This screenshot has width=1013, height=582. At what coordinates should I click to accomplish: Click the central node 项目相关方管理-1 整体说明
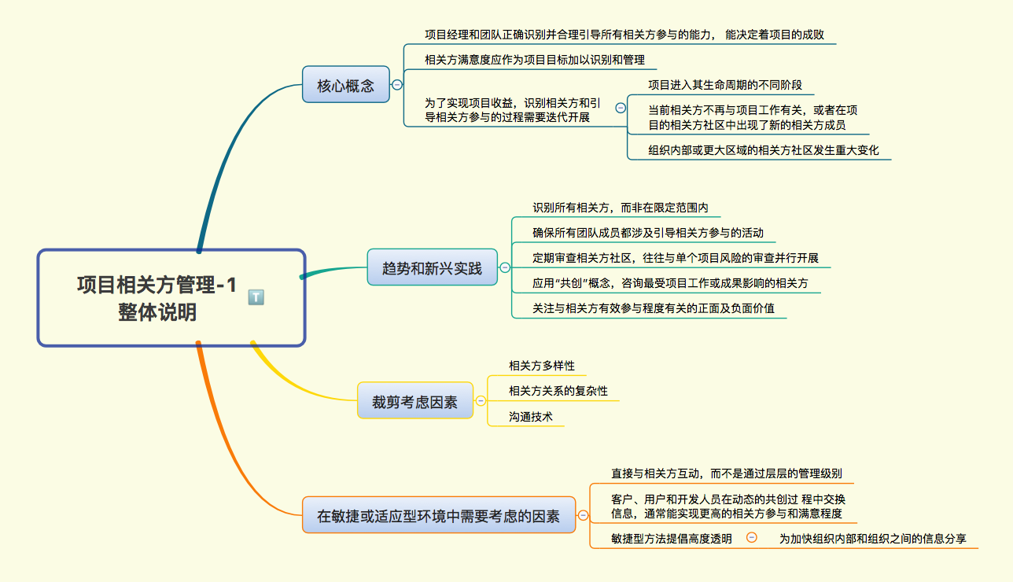157,298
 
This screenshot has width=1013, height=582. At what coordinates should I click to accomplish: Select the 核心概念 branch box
345,86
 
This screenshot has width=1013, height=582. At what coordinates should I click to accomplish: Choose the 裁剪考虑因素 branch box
414,401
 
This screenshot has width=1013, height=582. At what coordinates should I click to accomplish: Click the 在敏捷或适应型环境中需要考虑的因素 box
438,517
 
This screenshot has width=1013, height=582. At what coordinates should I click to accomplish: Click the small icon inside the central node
256,297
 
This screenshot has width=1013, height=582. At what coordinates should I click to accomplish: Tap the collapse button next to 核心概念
397,84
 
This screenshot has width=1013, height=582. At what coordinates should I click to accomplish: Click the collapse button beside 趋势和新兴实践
504,268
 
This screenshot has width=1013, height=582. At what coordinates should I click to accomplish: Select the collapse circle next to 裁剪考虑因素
481,401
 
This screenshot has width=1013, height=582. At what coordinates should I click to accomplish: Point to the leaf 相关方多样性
542,366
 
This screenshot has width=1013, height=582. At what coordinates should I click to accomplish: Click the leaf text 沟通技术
531,417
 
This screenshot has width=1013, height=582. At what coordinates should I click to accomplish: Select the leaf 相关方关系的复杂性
558,391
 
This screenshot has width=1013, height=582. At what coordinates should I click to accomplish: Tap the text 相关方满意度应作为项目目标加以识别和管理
534,59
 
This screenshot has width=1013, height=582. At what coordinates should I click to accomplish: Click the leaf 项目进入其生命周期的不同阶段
725,85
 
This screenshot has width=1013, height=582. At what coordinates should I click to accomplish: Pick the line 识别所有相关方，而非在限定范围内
621,208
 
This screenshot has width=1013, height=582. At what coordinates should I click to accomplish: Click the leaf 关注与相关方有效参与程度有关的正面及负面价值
654,308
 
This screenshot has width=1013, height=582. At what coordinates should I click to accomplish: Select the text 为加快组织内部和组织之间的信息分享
872,539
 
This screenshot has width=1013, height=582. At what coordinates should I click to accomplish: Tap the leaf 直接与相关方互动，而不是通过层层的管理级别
727,473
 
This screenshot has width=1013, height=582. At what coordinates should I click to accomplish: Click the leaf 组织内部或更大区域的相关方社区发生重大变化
763,150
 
